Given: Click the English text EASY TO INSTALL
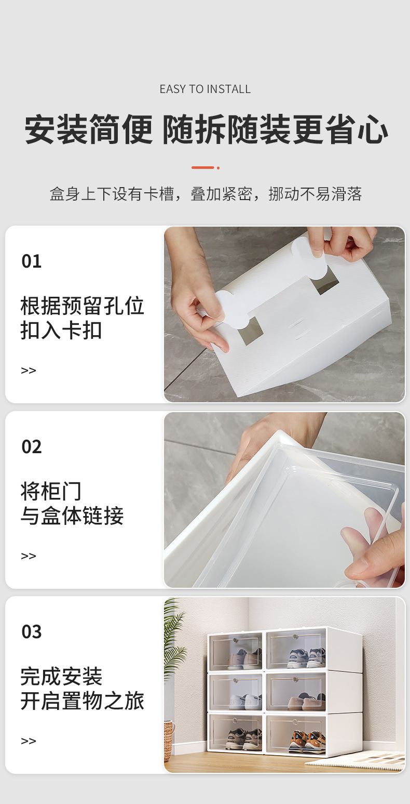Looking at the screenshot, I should [205, 89].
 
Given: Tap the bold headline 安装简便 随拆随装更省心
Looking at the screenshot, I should [206, 130].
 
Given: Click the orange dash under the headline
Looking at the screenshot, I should [203, 167].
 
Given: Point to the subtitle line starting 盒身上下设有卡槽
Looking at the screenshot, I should [206, 194].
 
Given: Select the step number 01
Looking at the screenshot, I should [31, 261].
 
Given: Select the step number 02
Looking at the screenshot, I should [31, 447].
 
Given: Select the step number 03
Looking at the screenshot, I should [31, 632].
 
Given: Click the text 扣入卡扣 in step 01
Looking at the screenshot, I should [61, 331].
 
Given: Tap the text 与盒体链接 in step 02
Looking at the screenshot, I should [72, 516].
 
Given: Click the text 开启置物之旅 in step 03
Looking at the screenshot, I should [82, 701].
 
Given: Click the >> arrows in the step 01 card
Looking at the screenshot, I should [29, 371].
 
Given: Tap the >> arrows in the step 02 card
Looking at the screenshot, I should [29, 556].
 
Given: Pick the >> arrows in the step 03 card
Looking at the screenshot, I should [29, 741].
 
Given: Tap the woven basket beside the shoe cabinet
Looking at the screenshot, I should [169, 741].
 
